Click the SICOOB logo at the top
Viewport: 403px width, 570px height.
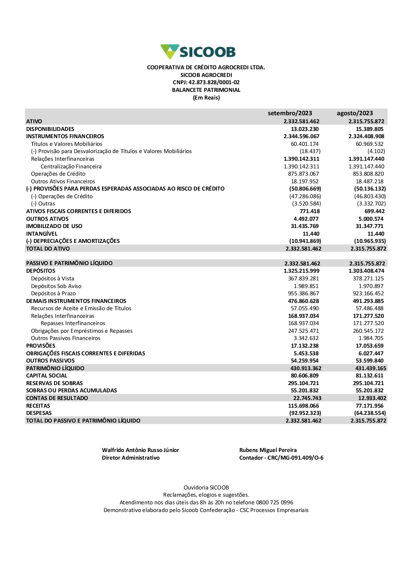pyautogui.click(x=198, y=52)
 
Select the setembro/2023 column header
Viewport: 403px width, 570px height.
pyautogui.click(x=290, y=113)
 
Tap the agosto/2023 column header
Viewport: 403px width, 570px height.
pyautogui.click(x=355, y=113)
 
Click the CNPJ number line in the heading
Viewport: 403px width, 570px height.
pyautogui.click(x=206, y=83)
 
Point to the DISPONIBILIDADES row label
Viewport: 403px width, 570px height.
pyautogui.click(x=50, y=129)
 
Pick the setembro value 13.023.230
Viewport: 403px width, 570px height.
pyautogui.click(x=305, y=129)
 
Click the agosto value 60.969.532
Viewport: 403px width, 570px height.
pyautogui.click(x=370, y=144)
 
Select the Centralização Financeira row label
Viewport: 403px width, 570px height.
pyautogui.click(x=71, y=166)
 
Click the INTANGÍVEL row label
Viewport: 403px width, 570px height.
pyautogui.click(x=42, y=234)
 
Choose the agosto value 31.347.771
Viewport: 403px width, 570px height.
pyautogui.click(x=370, y=226)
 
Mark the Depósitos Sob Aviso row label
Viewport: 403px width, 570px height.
pyautogui.click(x=56, y=286)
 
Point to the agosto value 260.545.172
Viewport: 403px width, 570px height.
pyautogui.click(x=368, y=331)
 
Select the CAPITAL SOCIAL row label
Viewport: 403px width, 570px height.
pyautogui.click(x=47, y=375)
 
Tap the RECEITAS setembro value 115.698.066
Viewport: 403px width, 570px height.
pyautogui.click(x=303, y=406)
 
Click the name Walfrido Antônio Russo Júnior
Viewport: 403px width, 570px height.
pyautogui.click(x=140, y=450)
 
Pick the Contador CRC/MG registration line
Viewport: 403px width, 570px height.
pyautogui.click(x=281, y=458)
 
